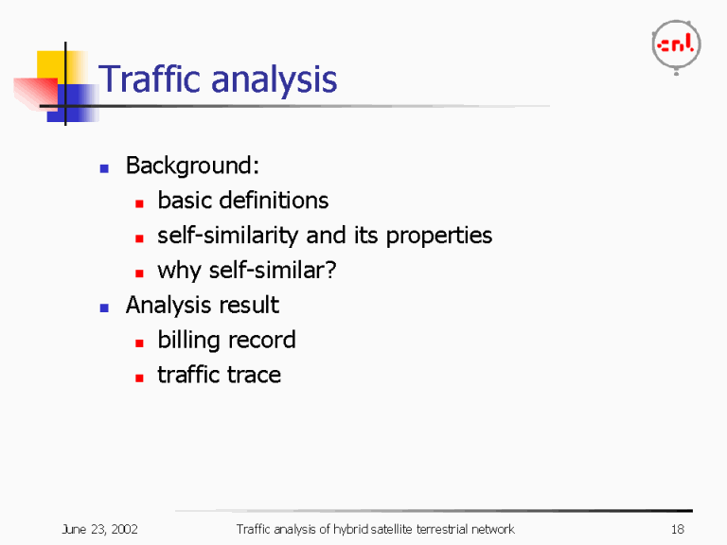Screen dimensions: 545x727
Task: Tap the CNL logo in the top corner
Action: tap(675, 44)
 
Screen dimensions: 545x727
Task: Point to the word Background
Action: tap(192, 167)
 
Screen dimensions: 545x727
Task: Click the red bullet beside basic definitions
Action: tap(138, 202)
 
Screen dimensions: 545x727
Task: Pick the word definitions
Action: tap(273, 201)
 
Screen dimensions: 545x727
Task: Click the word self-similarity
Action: tap(229, 236)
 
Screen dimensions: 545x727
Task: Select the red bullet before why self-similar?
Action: tap(138, 272)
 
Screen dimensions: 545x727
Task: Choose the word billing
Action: tap(188, 341)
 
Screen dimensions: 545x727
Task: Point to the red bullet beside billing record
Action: tap(138, 342)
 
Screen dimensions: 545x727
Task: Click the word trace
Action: tap(255, 375)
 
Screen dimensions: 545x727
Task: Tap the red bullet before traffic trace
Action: tap(138, 377)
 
